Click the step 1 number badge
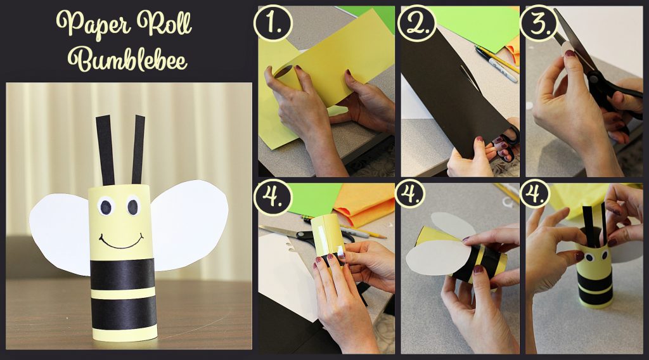pos(273,23)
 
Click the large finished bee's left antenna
pos(106,151)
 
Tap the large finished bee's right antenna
pos(138,150)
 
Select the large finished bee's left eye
pos(106,207)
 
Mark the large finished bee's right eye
pos(133,205)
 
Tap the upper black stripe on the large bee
pos(122,274)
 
